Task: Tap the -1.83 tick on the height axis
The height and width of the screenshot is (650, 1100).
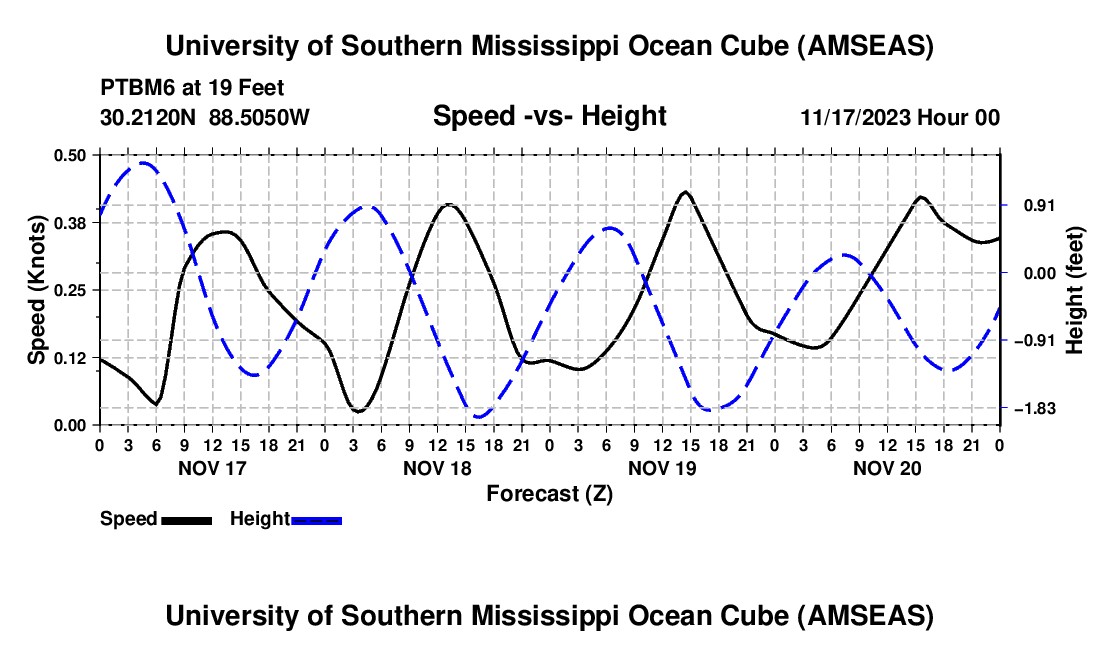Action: click(x=1034, y=409)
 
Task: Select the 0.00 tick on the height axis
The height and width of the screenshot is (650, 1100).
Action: click(x=1033, y=273)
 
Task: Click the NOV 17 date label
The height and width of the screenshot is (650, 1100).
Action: click(x=211, y=467)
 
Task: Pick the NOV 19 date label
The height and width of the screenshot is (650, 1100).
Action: click(x=661, y=467)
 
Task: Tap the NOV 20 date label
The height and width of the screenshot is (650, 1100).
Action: click(x=886, y=467)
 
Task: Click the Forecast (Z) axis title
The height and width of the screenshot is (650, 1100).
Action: click(x=549, y=493)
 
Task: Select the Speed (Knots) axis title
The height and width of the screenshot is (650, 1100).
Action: click(x=38, y=290)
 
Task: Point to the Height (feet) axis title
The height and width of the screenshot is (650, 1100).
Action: click(x=1075, y=290)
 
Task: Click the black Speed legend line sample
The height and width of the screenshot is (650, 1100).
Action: click(x=186, y=519)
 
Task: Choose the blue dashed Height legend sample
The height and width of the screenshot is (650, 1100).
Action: click(x=316, y=519)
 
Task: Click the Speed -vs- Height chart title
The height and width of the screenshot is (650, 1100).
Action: click(x=549, y=116)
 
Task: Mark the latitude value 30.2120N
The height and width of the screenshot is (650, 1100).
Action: click(x=149, y=117)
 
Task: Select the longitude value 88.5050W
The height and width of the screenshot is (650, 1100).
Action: click(x=259, y=117)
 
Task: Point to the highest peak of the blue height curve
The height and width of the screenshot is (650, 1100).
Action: click(x=144, y=162)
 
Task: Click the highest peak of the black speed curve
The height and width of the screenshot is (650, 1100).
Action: click(x=685, y=191)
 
